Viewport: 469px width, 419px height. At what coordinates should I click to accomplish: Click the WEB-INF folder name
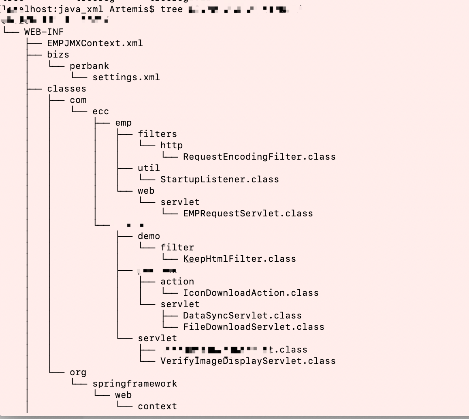44,32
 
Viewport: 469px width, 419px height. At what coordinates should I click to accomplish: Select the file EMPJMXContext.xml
95,43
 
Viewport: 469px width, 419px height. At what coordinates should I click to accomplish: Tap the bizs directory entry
58,54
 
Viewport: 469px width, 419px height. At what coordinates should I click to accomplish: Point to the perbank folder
89,66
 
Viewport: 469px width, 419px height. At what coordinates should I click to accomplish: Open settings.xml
126,77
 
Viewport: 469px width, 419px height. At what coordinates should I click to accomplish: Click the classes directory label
66,88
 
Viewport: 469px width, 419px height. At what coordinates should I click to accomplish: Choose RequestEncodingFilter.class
259,156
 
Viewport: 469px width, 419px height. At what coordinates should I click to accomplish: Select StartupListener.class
220,179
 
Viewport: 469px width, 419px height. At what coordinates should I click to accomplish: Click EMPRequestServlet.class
248,213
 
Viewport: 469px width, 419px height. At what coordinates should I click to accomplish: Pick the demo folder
149,236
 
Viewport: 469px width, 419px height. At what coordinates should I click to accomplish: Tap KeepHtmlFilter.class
239,259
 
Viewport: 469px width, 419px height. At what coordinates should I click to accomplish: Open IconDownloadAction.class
251,293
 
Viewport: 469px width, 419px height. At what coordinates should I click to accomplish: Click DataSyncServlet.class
242,315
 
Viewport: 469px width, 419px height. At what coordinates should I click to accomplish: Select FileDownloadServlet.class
254,327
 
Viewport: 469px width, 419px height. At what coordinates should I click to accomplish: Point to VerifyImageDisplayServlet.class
248,361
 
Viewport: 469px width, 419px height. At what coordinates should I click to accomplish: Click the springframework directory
134,383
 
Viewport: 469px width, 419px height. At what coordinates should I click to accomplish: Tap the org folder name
78,372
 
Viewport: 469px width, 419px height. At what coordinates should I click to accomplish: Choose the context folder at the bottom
157,406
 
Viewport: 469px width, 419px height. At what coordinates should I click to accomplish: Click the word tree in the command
171,9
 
